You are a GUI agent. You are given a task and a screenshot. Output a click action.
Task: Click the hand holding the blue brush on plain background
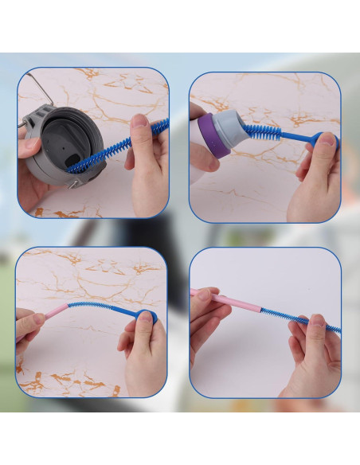coord(315,350)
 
